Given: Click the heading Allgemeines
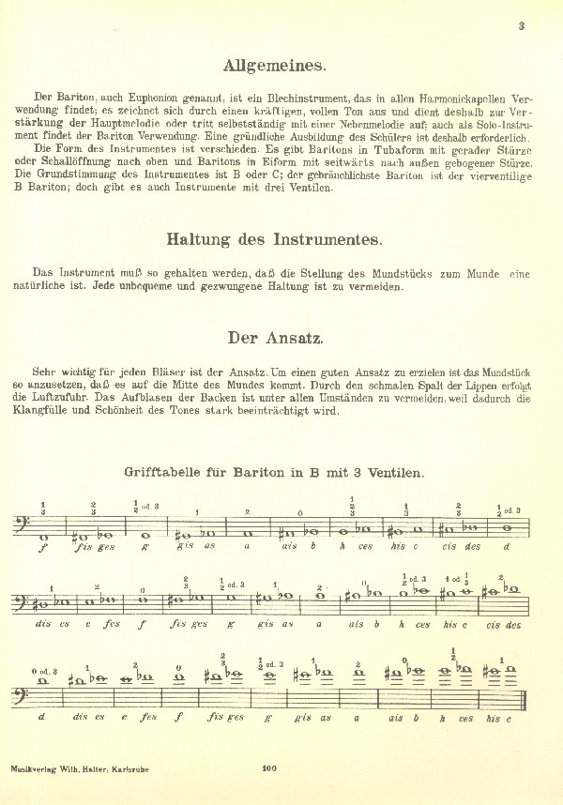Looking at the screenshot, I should click(274, 66).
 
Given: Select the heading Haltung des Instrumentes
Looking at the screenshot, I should click(274, 239).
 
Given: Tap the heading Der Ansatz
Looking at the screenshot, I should click(274, 338).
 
